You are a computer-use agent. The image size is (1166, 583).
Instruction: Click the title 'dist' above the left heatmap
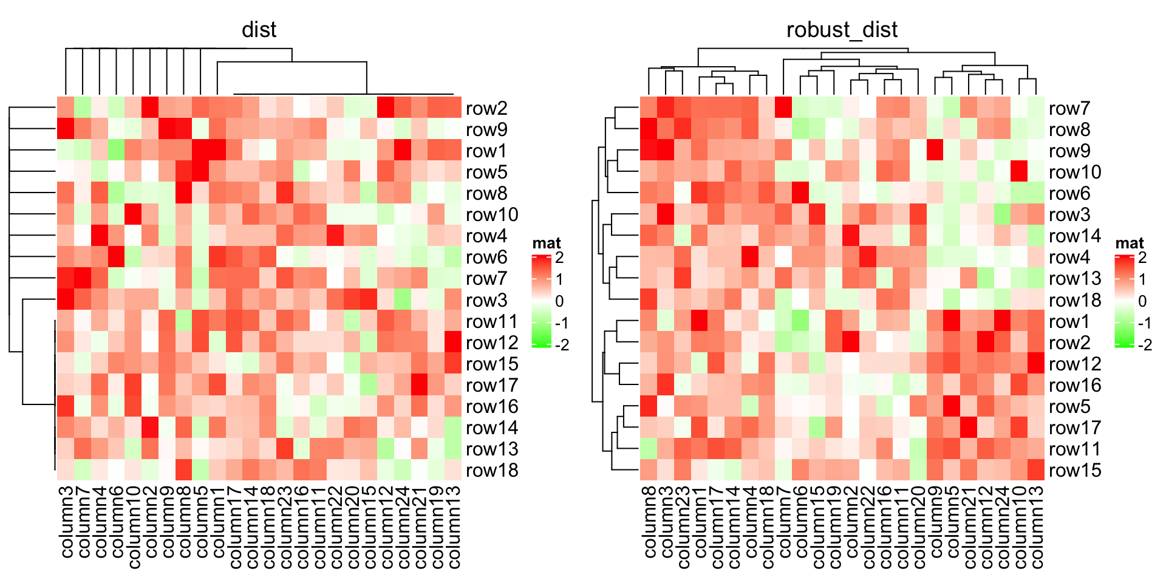[259, 30]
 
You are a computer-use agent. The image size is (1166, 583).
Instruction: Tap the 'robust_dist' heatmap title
[842, 30]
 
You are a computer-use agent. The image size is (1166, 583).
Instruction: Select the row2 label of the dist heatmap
[486, 108]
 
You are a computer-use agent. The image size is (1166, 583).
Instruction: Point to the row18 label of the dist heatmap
[492, 470]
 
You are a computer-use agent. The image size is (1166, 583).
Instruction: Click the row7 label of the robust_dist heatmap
[1069, 108]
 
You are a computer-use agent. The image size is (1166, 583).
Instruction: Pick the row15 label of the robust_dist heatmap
[1075, 470]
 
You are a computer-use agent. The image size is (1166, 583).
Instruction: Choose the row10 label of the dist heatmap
[492, 214]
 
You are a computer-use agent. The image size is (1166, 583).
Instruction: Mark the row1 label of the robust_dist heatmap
[1069, 321]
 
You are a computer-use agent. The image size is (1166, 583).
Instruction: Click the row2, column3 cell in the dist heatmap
[66, 107]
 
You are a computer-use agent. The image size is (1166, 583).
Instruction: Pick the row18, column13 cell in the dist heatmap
[452, 469]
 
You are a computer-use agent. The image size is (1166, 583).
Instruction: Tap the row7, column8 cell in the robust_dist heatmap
[649, 107]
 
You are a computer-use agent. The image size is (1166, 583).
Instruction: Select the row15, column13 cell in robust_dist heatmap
[1035, 469]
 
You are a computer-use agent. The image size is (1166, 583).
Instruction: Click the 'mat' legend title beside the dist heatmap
[547, 244]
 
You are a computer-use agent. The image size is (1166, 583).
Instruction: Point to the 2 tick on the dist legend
[559, 257]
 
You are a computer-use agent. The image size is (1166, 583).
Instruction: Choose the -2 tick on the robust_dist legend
[1145, 345]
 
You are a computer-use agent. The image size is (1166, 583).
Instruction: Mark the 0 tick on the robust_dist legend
[1142, 301]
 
